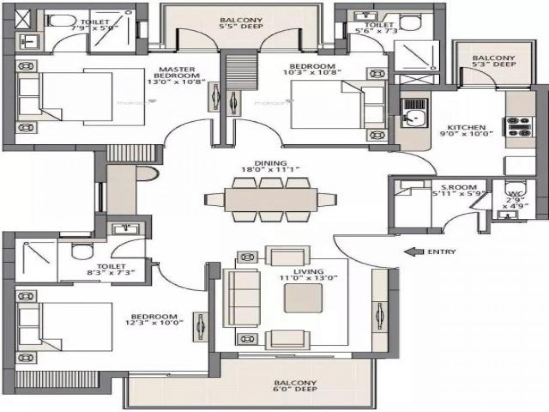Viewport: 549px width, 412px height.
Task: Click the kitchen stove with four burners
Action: pos(520,127)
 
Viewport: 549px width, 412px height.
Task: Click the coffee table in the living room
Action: pos(303,298)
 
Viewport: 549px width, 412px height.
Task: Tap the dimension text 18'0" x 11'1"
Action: pos(270,169)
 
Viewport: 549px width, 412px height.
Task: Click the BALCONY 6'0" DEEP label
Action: pos(296,386)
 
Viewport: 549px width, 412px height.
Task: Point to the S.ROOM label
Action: pos(462,187)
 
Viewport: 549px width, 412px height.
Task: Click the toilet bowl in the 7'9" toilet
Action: pos(58,20)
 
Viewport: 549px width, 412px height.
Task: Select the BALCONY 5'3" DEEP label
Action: pos(494,61)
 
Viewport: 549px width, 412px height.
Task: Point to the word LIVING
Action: pos(309,271)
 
